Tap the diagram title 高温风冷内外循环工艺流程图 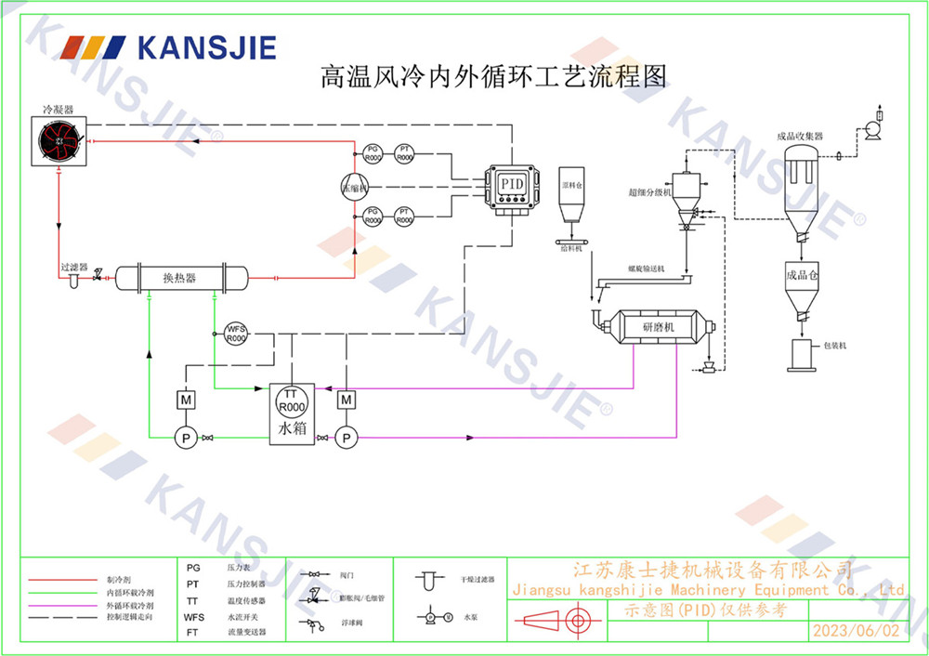(x=493, y=75)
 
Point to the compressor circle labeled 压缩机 (x=354, y=185)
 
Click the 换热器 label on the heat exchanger (x=179, y=277)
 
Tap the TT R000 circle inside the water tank (x=292, y=401)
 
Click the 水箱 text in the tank (x=292, y=430)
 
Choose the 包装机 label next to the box (x=835, y=346)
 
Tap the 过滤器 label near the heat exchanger (x=73, y=267)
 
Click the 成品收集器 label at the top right (x=800, y=136)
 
